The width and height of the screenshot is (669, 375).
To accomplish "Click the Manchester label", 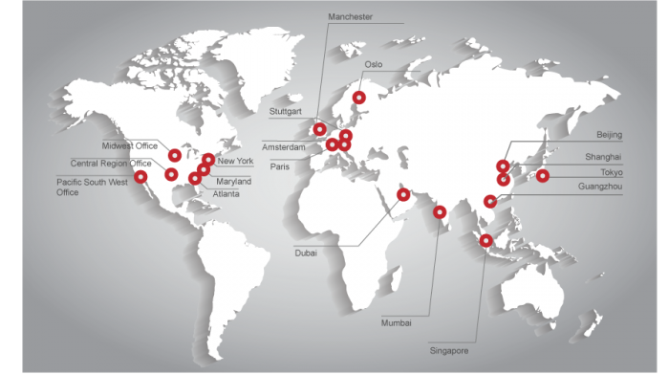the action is click(x=349, y=17).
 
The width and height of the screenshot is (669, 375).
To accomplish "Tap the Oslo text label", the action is click(x=374, y=65).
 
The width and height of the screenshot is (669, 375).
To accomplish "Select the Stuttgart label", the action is click(x=285, y=111).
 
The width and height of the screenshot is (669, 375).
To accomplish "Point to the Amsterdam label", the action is click(x=284, y=147).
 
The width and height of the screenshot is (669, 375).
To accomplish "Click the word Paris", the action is click(x=279, y=165).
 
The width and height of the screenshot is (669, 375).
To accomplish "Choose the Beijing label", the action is click(x=609, y=135).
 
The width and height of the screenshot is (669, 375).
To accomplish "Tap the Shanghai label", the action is click(x=604, y=156).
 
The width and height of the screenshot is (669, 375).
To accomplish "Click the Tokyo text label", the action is click(x=612, y=171).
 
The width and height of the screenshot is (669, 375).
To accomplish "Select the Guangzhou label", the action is click(x=600, y=187).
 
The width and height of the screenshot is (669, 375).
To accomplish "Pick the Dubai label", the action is click(x=305, y=254).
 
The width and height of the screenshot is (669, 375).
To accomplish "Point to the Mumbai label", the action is click(x=397, y=322).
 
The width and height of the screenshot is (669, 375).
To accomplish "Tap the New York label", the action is click(x=235, y=161).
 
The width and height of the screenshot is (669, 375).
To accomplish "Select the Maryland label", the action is click(x=233, y=181).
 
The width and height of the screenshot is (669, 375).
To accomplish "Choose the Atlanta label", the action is click(x=227, y=194).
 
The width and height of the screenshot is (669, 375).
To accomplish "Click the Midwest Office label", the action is click(x=129, y=145).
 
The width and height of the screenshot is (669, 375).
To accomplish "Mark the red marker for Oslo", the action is click(x=359, y=97).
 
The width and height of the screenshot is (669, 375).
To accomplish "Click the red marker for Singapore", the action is click(x=486, y=241).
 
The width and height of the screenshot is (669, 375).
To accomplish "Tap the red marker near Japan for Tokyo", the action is click(x=542, y=175).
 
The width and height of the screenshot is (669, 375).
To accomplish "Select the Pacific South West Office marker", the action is click(x=140, y=176).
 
